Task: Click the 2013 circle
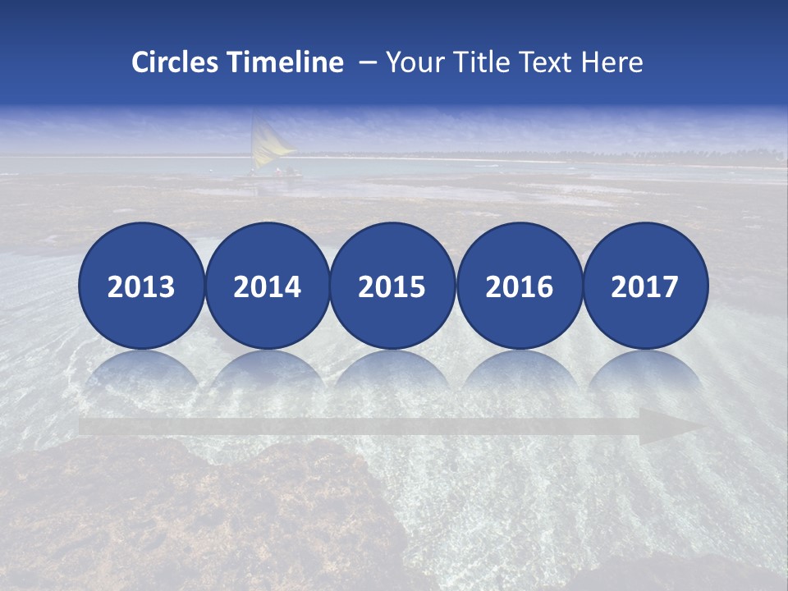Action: pyautogui.click(x=141, y=286)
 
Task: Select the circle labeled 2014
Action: pyautogui.click(x=268, y=286)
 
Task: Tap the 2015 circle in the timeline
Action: pyautogui.click(x=392, y=286)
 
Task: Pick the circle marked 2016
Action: pyautogui.click(x=519, y=286)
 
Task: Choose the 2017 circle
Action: pyautogui.click(x=645, y=286)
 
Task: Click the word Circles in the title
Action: pyautogui.click(x=176, y=62)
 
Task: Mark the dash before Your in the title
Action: pyautogui.click(x=368, y=63)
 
